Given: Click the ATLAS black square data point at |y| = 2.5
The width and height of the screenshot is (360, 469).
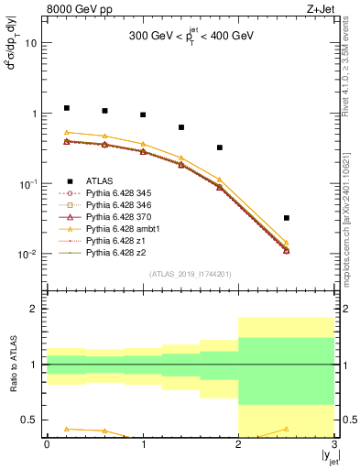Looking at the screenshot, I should pyautogui.click(x=287, y=218).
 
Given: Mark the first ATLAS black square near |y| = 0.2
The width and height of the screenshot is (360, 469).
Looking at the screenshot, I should pyautogui.click(x=66, y=108).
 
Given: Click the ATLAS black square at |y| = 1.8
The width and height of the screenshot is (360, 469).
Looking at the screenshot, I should pyautogui.click(x=220, y=147).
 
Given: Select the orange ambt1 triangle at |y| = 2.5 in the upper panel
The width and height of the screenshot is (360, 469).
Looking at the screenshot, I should pyautogui.click(x=287, y=243).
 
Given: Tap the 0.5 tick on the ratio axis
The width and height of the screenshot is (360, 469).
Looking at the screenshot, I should pyautogui.click(x=35, y=420).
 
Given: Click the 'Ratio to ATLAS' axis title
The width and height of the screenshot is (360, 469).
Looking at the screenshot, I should pyautogui.click(x=13, y=365).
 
